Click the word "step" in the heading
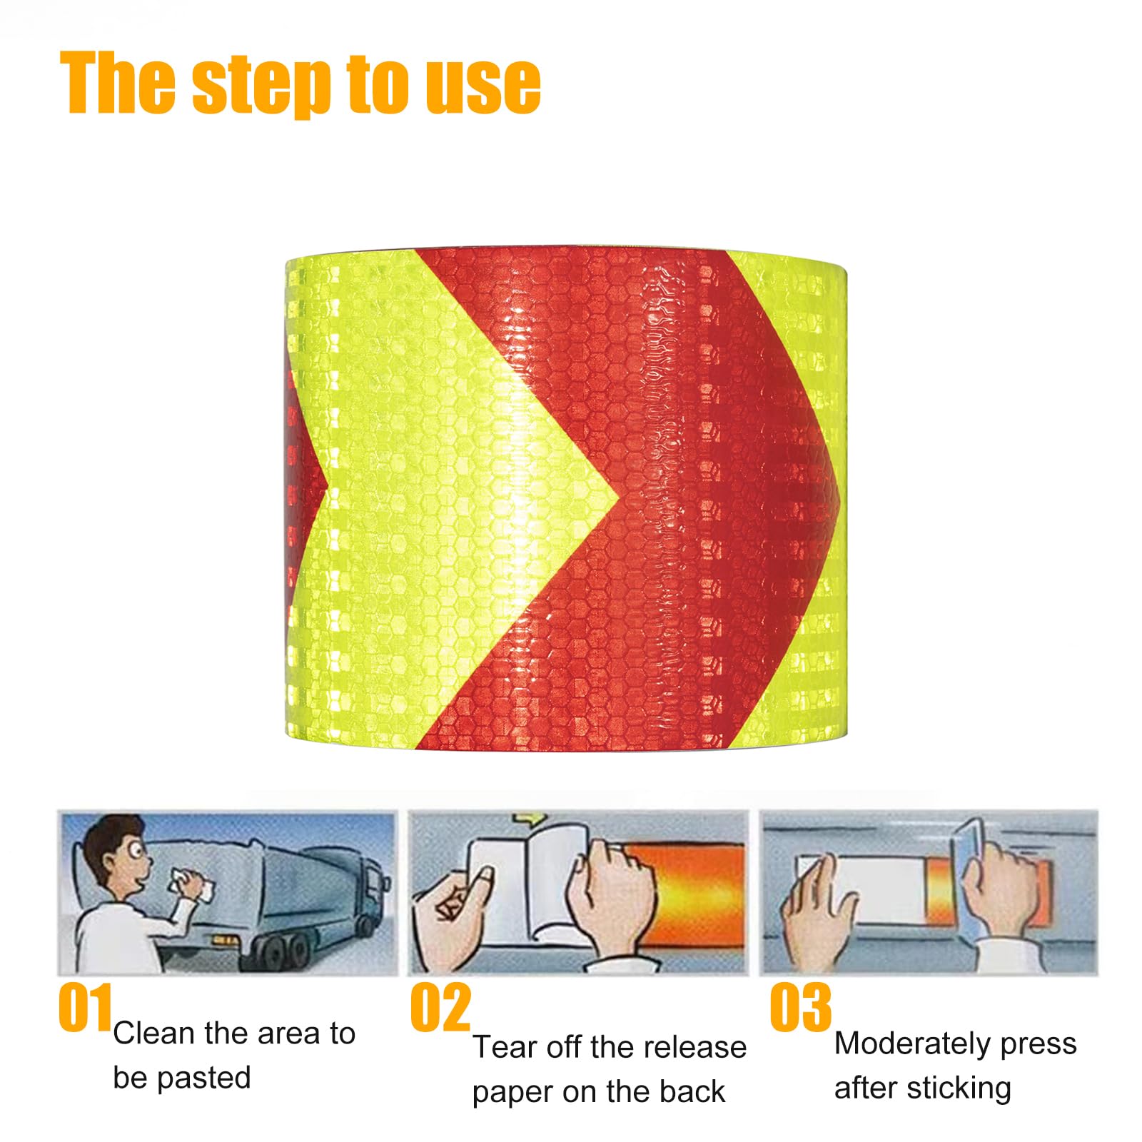click(x=262, y=84)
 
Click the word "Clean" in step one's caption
click(x=154, y=1033)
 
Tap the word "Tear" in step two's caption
click(x=505, y=1047)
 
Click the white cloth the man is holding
click(x=191, y=884)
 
